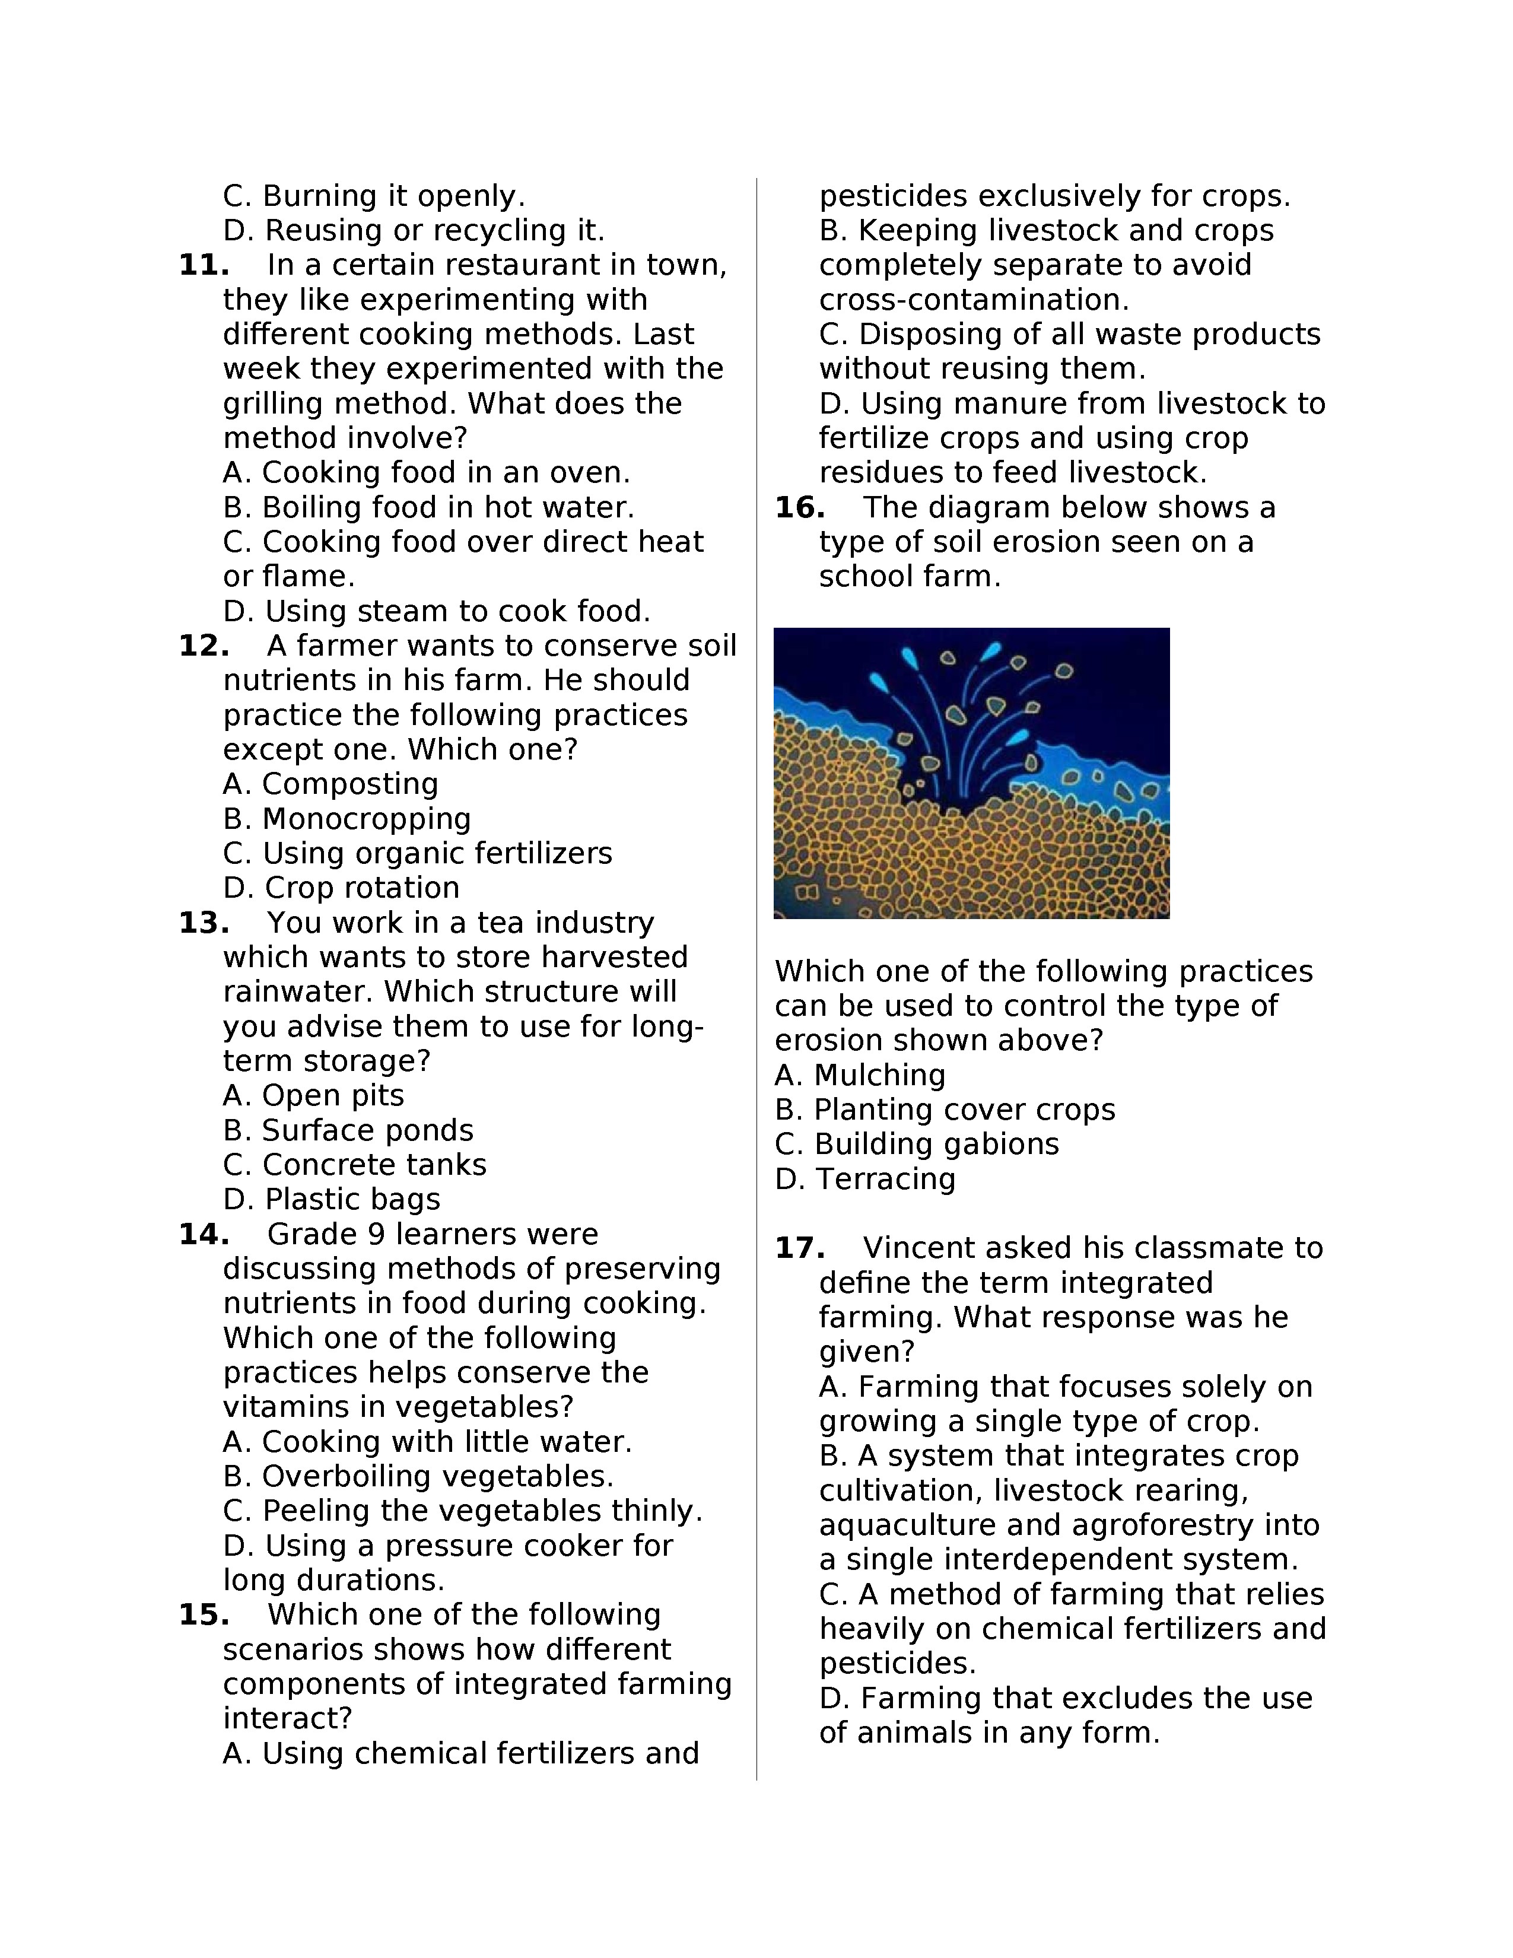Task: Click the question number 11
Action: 204,265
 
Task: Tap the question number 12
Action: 204,646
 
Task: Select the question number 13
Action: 204,923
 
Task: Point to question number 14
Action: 204,1235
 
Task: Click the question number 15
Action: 204,1614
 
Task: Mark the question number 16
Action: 800,507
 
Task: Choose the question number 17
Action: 800,1248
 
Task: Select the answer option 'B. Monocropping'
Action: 347,819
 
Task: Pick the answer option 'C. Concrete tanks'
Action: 354,1165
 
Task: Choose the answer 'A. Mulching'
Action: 860,1075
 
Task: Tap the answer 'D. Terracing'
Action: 865,1178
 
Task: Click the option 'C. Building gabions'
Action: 916,1144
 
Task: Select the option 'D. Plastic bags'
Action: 332,1200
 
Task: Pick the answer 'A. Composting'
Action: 330,784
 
